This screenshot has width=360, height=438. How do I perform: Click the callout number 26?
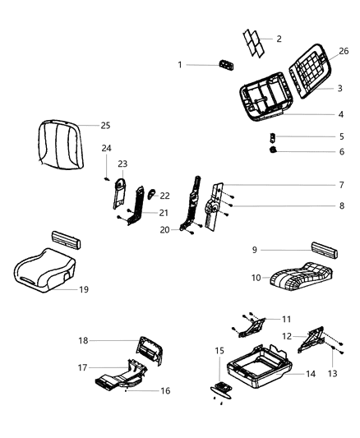tap(344, 51)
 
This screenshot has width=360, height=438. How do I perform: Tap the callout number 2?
tap(279, 39)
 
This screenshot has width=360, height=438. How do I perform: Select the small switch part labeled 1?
tap(227, 65)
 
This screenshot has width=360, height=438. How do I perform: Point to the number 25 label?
tap(105, 126)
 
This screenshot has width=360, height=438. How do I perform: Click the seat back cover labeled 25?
tap(61, 145)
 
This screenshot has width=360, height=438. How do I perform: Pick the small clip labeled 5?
tap(272, 138)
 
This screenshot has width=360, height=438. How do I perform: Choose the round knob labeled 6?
tap(273, 150)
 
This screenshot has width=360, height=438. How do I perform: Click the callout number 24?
tap(106, 148)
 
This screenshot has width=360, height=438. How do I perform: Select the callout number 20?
tap(164, 230)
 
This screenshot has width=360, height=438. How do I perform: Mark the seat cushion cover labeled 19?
tap(44, 270)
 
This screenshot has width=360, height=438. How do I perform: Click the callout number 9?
tap(255, 250)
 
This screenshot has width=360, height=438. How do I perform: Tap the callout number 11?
tap(287, 319)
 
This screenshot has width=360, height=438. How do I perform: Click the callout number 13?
tap(332, 373)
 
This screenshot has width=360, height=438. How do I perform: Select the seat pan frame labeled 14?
tap(260, 367)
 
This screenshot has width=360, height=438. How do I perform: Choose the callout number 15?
tap(219, 351)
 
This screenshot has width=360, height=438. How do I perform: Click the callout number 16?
tap(165, 390)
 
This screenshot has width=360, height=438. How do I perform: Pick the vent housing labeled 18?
tap(150, 351)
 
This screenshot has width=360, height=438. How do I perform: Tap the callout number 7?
tap(341, 185)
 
